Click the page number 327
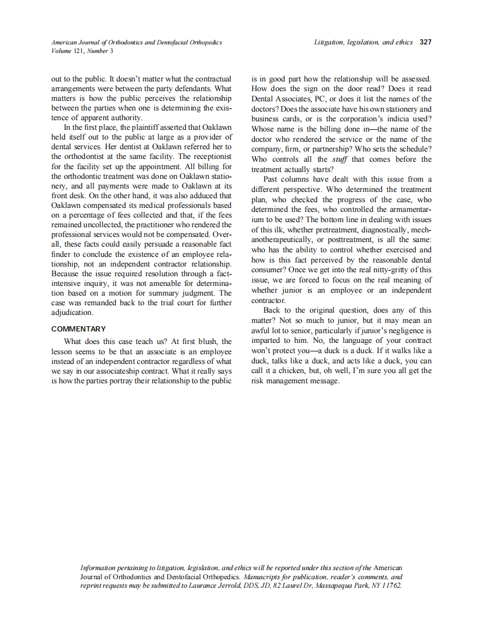[x=425, y=42]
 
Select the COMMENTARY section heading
[x=79, y=329]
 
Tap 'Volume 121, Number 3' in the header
[x=82, y=51]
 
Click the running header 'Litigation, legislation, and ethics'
[x=363, y=42]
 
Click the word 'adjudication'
[x=72, y=313]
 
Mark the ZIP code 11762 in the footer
[x=392, y=585]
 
